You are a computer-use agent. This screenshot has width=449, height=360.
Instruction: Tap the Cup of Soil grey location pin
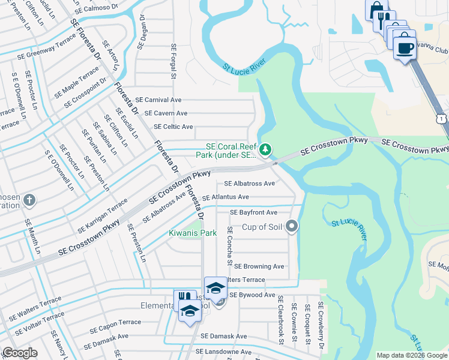tap(292, 226)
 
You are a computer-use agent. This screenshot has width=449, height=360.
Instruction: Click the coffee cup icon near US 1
tap(405, 48)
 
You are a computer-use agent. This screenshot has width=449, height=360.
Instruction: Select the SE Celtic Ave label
tap(173, 127)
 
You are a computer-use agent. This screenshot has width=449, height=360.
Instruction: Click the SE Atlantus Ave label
tap(225, 197)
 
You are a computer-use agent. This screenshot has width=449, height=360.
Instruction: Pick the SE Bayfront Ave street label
tap(254, 212)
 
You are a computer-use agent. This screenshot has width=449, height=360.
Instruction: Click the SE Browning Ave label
tap(259, 266)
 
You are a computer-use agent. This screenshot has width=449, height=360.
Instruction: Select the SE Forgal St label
tap(173, 61)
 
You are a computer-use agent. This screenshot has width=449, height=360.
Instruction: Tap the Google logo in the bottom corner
tap(19, 353)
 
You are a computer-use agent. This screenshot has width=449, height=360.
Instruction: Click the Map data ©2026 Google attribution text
tap(412, 355)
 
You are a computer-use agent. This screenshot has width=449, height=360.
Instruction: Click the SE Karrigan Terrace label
tap(102, 217)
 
